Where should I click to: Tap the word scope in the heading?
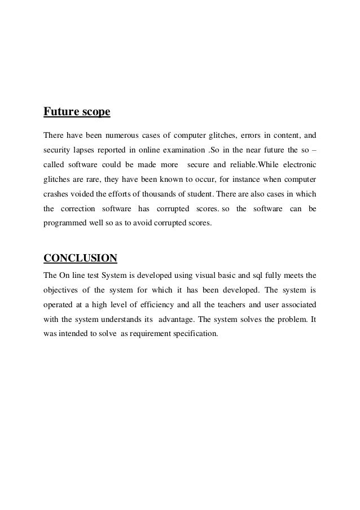(x=94, y=112)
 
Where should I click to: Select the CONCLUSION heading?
(x=80, y=259)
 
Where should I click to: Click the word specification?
(x=196, y=334)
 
